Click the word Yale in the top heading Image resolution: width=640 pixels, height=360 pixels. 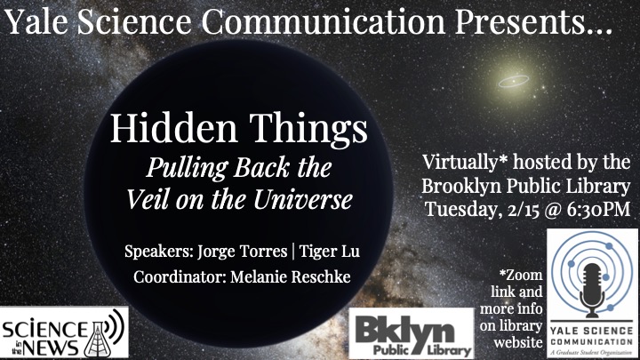tap(36, 21)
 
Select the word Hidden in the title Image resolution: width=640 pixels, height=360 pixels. tap(174, 128)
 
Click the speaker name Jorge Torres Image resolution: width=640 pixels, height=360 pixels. tap(243, 252)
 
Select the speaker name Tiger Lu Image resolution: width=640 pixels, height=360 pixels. tap(330, 252)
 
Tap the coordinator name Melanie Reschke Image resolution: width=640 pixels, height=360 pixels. tap(291, 277)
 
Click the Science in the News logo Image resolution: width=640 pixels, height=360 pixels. tap(64, 332)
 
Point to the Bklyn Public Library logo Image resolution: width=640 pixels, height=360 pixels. tap(412, 333)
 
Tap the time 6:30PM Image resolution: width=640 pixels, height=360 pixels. tap(598, 210)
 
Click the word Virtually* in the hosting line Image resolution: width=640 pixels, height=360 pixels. tap(465, 163)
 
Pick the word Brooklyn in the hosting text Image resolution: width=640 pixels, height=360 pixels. tap(461, 187)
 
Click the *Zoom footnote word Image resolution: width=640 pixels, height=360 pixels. tap(521, 275)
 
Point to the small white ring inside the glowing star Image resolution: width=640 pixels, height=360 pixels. tap(514, 82)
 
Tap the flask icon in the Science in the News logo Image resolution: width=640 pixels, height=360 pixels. tap(95, 340)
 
